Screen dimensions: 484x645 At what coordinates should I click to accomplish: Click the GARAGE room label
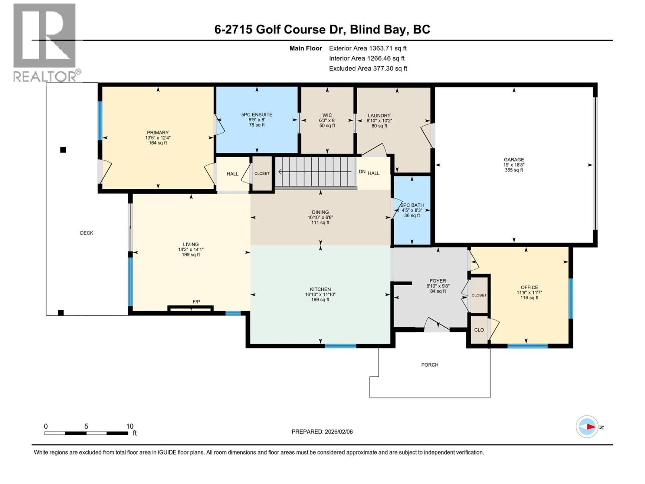(514, 160)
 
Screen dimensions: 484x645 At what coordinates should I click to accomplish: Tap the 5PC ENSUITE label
(257, 115)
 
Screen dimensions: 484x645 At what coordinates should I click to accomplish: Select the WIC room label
(327, 115)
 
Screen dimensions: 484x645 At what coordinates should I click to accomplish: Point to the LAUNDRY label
(379, 115)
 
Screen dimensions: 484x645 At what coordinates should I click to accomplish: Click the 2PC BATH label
(412, 205)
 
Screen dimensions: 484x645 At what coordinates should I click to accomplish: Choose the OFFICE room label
(529, 288)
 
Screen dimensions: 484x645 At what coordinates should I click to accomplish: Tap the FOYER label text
(438, 281)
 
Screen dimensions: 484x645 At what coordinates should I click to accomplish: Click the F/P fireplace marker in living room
(196, 302)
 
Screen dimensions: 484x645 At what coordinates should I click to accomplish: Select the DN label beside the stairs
(362, 172)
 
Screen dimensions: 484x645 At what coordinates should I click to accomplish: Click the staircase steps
(314, 171)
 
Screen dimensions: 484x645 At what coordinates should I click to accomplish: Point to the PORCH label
(430, 365)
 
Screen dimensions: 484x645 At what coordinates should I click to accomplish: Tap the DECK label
(87, 233)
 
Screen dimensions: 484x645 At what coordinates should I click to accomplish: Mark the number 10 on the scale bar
(129, 426)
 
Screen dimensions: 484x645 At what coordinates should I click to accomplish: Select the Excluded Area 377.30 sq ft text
(368, 69)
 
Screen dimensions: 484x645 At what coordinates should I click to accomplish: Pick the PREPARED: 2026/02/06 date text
(322, 432)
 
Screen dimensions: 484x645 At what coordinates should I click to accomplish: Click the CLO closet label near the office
(479, 330)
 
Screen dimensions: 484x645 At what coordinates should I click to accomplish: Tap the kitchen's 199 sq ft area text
(320, 300)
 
